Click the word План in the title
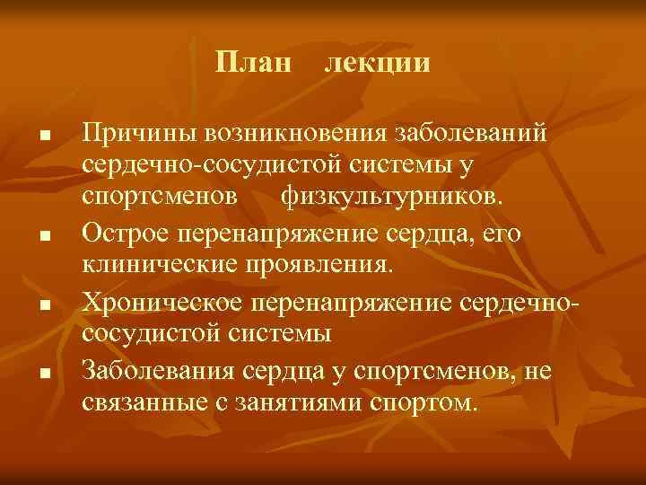click(254, 64)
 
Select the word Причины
click(137, 134)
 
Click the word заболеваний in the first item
click(471, 134)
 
